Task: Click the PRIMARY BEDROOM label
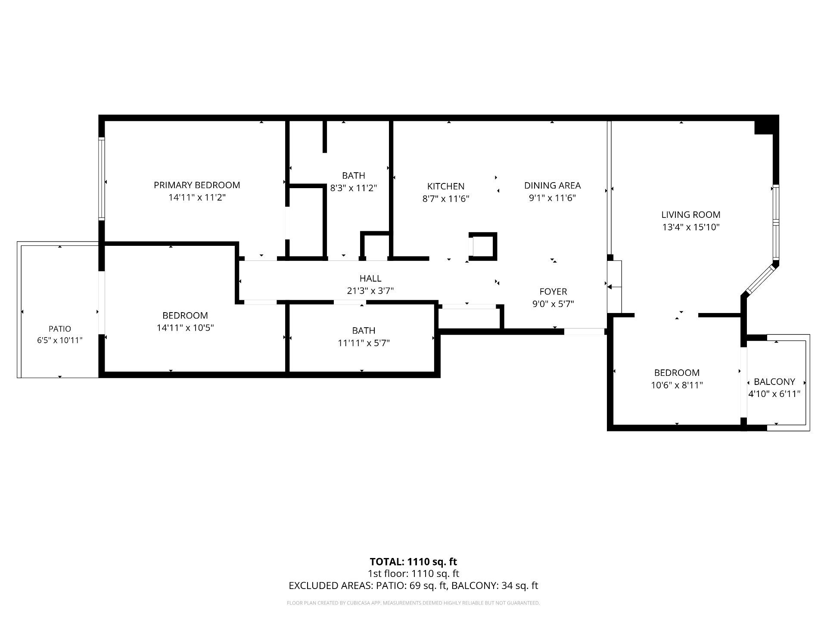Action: pos(197,185)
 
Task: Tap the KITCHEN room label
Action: pos(446,186)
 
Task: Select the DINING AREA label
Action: pos(552,186)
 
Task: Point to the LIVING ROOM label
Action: pos(691,215)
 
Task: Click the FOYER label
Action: pos(553,291)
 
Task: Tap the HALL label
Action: pos(370,279)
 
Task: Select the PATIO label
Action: pos(60,329)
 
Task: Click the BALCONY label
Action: pos(774,382)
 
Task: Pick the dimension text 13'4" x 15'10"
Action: pos(691,227)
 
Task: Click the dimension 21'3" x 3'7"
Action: pos(370,291)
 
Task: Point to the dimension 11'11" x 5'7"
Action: pos(364,343)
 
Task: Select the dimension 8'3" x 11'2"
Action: pos(354,188)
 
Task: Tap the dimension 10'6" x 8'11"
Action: pos(677,385)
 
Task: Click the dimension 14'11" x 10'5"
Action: pos(185,328)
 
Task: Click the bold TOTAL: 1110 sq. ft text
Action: pos(413,562)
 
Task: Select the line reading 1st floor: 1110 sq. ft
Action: pos(413,574)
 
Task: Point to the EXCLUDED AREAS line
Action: pos(413,586)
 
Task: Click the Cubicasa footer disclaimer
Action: pos(413,603)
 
